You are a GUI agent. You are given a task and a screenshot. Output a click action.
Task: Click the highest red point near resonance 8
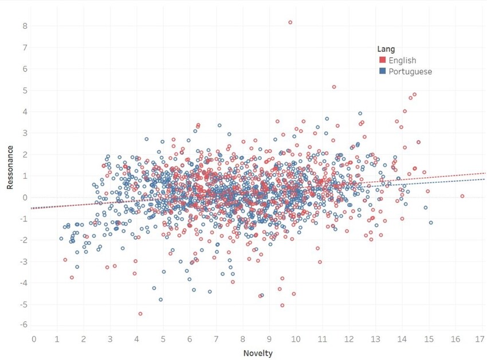coord(290,22)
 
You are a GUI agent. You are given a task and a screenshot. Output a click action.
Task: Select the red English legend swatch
coord(383,60)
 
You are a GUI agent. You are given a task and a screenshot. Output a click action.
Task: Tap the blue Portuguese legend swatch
coord(383,72)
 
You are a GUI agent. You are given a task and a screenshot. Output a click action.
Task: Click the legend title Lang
coord(386,49)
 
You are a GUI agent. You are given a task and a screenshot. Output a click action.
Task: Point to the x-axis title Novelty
coord(258,353)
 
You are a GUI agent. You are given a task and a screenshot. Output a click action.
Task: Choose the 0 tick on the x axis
coord(34,339)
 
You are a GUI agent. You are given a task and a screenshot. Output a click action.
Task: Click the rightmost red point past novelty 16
coord(462,196)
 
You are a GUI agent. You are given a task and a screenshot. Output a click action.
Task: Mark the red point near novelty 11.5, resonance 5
coord(334,87)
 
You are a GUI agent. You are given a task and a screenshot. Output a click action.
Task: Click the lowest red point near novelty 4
coord(140,314)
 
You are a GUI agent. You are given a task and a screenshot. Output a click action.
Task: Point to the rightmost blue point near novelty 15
coord(431,222)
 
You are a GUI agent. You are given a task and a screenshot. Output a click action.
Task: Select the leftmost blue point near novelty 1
coord(61,238)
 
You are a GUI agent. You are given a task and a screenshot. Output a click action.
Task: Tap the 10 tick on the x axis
coord(296,339)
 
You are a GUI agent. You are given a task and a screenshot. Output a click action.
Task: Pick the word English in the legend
coord(402,60)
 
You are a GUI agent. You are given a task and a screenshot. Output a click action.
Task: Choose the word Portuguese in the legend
coord(410,72)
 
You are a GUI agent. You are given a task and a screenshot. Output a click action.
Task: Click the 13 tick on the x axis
coord(375,339)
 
